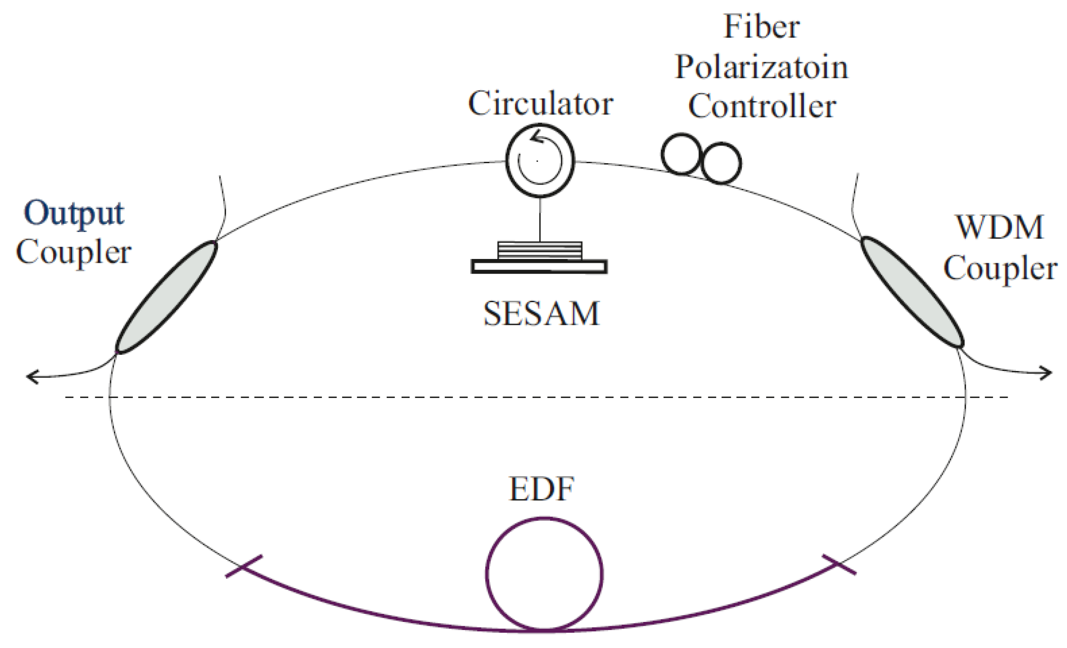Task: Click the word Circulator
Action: (540, 103)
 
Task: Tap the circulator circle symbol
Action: (540, 160)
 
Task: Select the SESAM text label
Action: (541, 314)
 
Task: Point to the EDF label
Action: (542, 489)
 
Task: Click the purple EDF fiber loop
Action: (544, 574)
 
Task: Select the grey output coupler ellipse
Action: (166, 297)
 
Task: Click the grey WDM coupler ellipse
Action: (912, 292)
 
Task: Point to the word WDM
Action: (999, 228)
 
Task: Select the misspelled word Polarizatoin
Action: (761, 67)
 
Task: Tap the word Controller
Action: (762, 106)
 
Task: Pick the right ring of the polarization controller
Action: (721, 163)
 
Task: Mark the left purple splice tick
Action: (243, 566)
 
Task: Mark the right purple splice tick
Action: (839, 565)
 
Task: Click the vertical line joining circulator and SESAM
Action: (540, 219)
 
